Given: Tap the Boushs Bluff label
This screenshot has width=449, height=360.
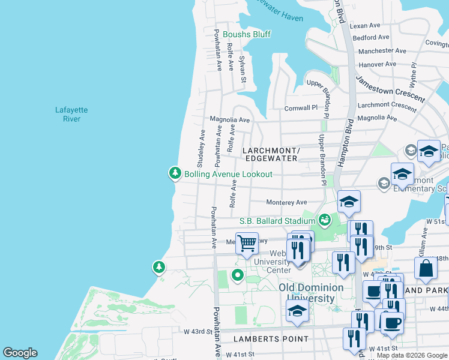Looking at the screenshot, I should [247, 34].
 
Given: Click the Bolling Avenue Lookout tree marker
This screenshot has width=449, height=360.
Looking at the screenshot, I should [175, 173].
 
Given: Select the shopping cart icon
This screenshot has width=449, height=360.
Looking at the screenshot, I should [246, 244].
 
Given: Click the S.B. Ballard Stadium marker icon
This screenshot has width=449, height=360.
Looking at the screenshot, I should [325, 220].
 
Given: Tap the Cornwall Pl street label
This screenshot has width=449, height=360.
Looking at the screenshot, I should [300, 108].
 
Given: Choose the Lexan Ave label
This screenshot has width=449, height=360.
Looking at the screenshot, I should [366, 26].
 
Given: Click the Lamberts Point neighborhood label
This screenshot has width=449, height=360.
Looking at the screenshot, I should [279, 339].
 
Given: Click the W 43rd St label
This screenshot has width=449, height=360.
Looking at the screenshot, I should [198, 331].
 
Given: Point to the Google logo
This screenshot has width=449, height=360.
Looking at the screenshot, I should [20, 353].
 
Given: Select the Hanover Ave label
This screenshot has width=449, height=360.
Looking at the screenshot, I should [377, 64].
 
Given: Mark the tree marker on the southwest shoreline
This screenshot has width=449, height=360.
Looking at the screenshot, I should [158, 266].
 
